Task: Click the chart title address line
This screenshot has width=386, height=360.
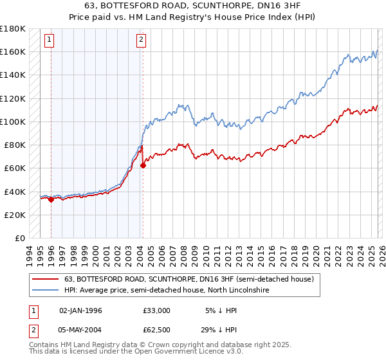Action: [x=192, y=6]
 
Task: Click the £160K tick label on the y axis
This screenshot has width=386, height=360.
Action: [x=13, y=51]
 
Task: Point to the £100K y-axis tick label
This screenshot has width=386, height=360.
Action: [x=13, y=122]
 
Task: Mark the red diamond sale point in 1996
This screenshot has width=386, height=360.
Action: [x=51, y=199]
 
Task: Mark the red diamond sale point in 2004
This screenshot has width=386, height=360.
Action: [x=143, y=165]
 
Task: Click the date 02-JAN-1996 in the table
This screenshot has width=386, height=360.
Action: [x=80, y=310]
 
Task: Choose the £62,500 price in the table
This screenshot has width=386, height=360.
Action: [x=156, y=328]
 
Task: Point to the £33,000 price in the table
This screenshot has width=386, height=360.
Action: [x=156, y=310]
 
